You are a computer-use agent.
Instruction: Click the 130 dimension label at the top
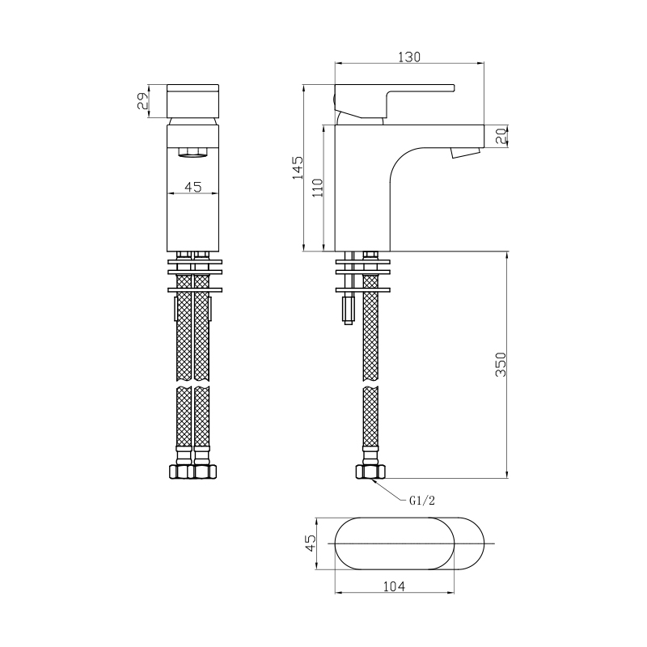[x=410, y=57]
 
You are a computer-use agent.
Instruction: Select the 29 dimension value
[x=143, y=100]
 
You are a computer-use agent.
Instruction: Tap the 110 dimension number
[x=317, y=188]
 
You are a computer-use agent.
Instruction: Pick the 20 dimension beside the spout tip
[x=501, y=136]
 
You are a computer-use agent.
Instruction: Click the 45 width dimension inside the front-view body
[x=193, y=187]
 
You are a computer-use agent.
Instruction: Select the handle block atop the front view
[x=193, y=99]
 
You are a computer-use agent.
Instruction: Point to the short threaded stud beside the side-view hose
[x=349, y=309]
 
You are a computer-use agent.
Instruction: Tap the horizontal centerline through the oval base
[x=485, y=543]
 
